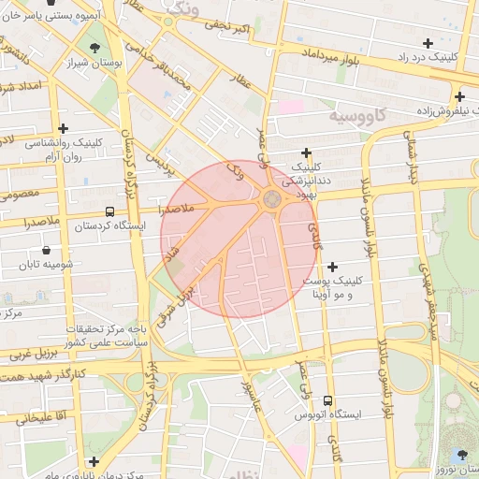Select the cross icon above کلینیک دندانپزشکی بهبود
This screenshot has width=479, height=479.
[306, 153]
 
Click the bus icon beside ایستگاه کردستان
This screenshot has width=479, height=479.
[110, 212]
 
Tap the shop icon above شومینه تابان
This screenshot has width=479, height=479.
[46, 251]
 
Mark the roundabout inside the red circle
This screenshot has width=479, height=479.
[271, 198]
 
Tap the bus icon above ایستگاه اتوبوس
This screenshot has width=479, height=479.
[327, 399]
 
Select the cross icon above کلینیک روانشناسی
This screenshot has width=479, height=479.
[63, 128]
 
